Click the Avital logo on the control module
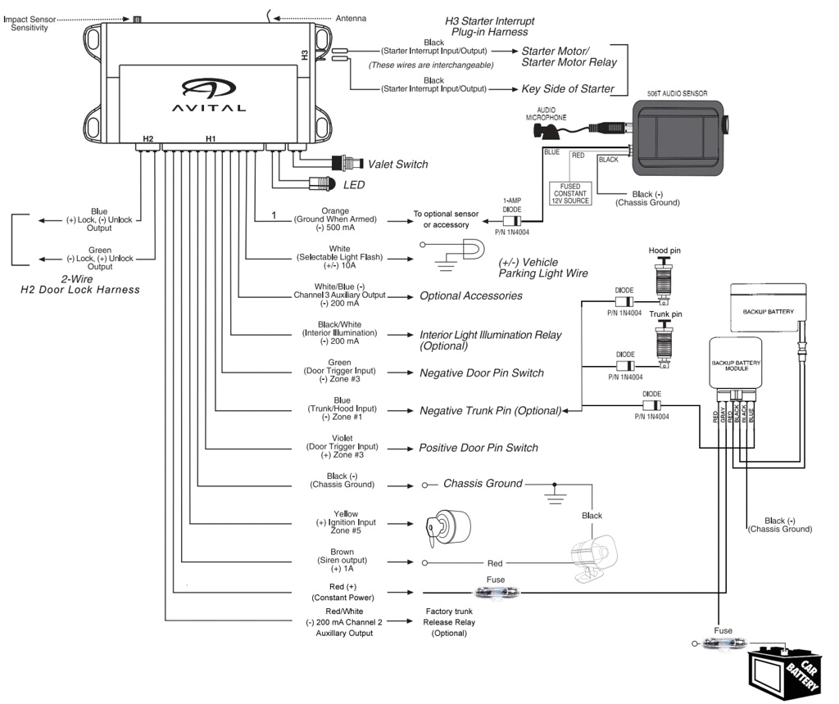208,93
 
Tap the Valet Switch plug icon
345,163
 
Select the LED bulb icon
322,184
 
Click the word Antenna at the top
351,18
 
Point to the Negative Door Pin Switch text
481,372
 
